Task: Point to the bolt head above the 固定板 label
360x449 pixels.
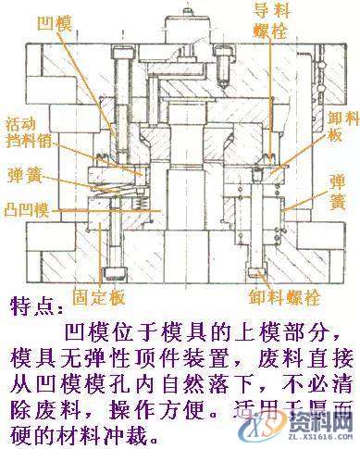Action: pyautogui.click(x=113, y=272)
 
